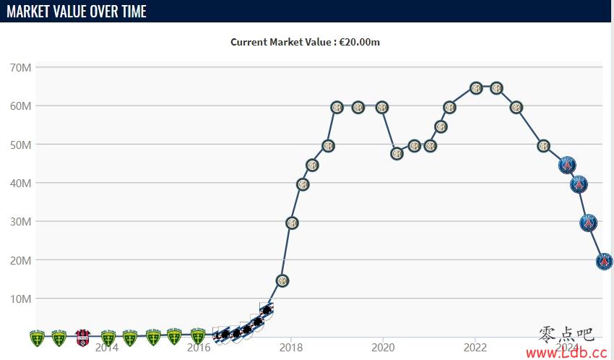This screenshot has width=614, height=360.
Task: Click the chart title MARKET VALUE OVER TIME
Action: click(x=77, y=12)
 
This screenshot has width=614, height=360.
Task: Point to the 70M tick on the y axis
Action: click(x=20, y=68)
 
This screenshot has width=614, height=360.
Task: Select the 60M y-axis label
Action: click(x=20, y=106)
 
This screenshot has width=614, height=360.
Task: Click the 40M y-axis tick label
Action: click(x=20, y=184)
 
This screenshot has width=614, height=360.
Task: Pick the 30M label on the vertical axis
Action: click(x=20, y=222)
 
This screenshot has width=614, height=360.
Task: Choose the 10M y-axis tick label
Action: click(x=20, y=299)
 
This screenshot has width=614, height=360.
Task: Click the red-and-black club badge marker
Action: click(x=82, y=337)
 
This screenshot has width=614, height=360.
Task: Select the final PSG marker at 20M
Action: click(x=605, y=261)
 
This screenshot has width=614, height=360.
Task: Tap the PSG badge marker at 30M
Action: click(x=589, y=223)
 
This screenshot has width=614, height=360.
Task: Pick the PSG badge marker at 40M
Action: click(x=579, y=184)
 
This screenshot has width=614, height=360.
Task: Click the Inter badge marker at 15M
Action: click(x=282, y=280)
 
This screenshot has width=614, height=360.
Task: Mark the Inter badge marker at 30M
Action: click(x=292, y=223)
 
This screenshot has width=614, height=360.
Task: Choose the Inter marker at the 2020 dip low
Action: click(x=397, y=153)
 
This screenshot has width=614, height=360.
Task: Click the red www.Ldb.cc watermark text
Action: click(x=566, y=353)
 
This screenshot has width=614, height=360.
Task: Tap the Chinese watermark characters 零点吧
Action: click(x=566, y=334)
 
